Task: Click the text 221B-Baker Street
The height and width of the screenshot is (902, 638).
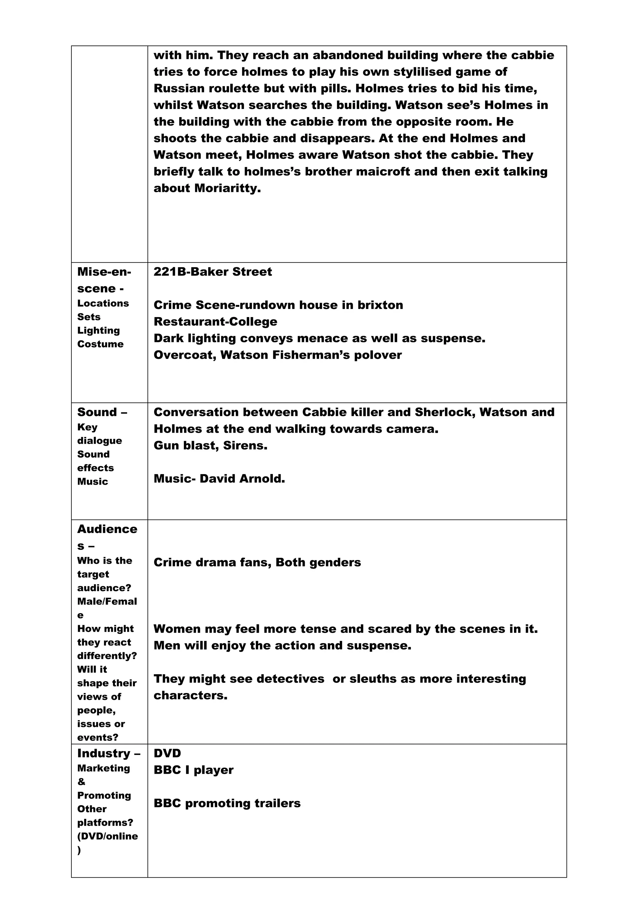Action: tap(212, 272)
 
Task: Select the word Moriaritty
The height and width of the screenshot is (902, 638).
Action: tap(227, 188)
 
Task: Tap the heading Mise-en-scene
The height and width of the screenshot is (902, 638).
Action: tap(104, 280)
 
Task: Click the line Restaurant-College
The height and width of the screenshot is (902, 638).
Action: tap(215, 322)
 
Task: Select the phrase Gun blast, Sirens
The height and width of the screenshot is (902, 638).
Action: tap(210, 445)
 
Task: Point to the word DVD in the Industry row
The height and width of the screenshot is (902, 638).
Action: tap(167, 753)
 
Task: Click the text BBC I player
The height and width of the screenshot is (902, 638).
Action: tap(193, 770)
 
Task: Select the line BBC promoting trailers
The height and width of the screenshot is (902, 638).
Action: tap(227, 803)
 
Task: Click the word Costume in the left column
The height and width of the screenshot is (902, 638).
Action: tap(100, 344)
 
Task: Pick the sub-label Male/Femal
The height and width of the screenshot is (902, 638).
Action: tap(107, 601)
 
